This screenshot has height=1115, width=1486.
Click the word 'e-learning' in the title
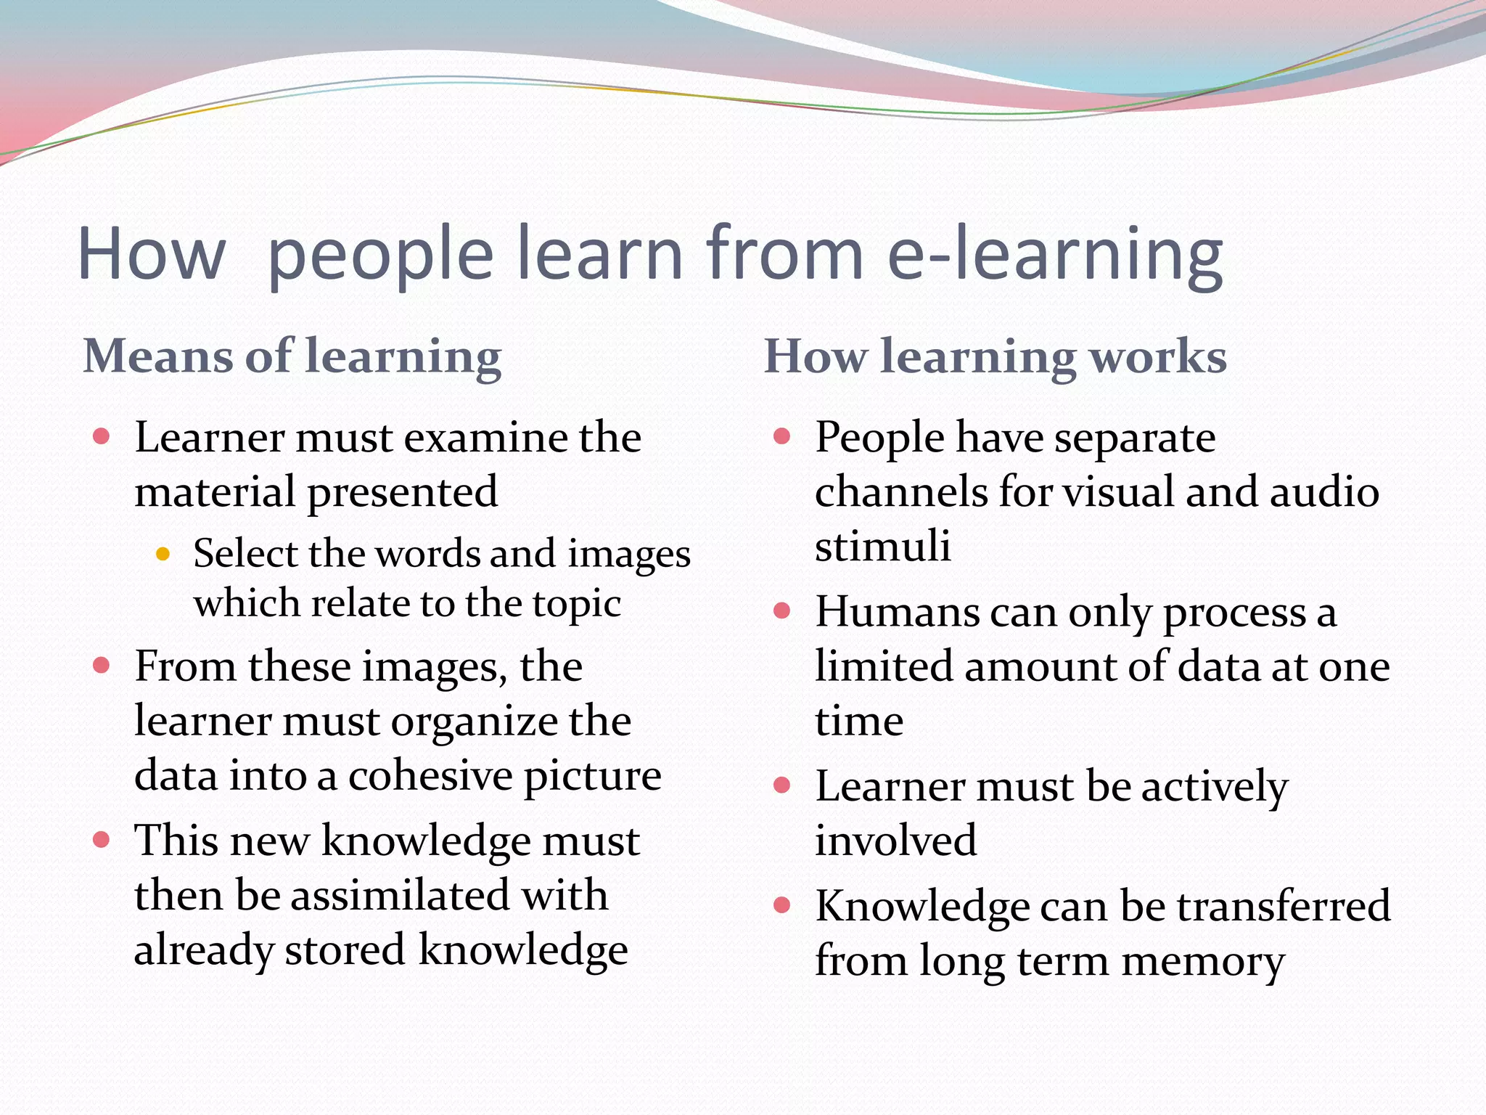1055,253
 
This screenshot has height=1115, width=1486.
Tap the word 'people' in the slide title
380,253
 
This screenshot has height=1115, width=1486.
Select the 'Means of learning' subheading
292,356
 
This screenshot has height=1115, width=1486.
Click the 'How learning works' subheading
995,356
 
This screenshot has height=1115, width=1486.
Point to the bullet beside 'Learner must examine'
102,436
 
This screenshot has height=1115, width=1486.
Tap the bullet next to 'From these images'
102,665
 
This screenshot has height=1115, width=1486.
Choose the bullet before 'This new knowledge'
102,840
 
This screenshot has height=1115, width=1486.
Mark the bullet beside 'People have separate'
781,436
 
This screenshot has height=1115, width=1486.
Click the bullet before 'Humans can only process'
781,610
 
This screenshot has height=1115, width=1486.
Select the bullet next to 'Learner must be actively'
781,785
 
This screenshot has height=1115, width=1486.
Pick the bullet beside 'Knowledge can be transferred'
781,904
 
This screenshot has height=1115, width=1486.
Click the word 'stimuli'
882,546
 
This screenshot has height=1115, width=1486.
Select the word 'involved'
895,841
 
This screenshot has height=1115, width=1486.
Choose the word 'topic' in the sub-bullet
577,604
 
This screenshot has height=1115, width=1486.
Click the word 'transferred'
1283,906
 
